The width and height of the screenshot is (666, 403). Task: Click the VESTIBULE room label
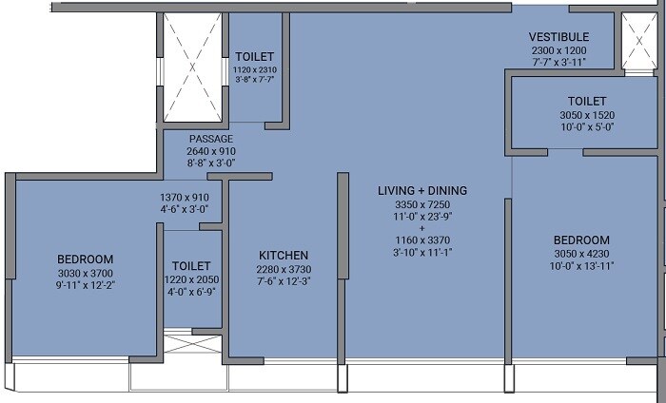(558, 37)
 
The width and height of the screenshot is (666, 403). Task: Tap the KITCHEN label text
(284, 256)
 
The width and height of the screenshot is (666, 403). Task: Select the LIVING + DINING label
(421, 191)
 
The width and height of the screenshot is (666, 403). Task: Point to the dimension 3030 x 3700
(85, 272)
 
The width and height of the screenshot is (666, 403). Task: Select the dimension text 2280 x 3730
(284, 269)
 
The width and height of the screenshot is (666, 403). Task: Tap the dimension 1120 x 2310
(254, 69)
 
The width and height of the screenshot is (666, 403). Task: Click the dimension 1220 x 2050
(191, 279)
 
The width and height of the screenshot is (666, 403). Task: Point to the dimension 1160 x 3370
(421, 241)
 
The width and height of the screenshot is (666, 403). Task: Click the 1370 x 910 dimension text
(184, 198)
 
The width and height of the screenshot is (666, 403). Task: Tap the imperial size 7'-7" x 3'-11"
(558, 62)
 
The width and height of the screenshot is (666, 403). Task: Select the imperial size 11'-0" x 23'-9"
(421, 217)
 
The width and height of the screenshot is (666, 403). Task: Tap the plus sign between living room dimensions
(421, 229)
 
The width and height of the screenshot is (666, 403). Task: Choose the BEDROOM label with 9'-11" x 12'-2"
(85, 259)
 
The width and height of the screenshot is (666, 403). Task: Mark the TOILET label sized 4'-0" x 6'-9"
(191, 266)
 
